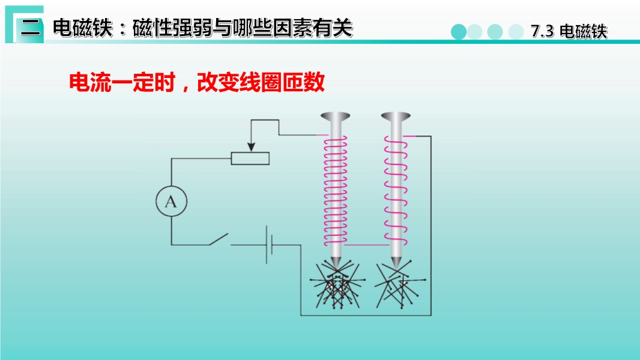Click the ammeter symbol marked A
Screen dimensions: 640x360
172,202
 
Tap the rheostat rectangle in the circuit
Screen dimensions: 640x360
250,158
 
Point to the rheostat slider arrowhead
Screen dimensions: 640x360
252,147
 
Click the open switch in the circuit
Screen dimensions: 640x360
219,239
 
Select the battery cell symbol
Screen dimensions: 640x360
270,245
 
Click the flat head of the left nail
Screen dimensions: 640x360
336,116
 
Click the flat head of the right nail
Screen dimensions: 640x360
396,116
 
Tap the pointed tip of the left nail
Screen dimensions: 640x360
336,268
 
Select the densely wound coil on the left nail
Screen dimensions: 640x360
336,191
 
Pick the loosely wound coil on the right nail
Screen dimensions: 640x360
395,191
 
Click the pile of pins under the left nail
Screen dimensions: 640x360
336,286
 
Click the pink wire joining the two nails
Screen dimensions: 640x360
367,245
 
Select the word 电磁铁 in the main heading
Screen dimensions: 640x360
83,28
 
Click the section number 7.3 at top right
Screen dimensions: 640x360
543,31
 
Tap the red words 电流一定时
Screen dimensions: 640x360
122,82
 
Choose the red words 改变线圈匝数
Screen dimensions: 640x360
261,82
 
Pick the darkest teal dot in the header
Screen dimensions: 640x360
459,32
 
